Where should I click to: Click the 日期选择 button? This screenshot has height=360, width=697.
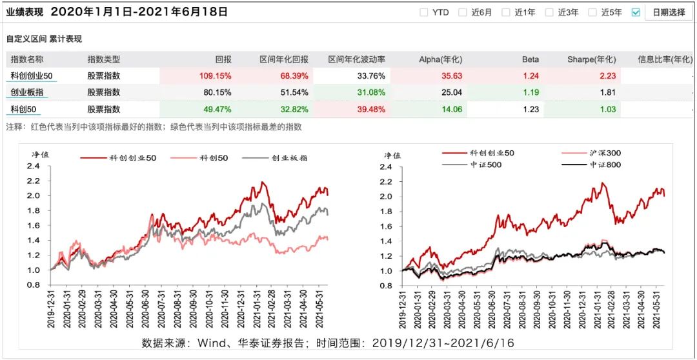(x=669, y=12)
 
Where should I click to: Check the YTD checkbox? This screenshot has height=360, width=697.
(x=423, y=12)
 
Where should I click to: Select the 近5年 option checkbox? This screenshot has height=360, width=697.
(x=592, y=12)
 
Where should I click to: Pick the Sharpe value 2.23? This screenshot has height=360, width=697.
(x=606, y=75)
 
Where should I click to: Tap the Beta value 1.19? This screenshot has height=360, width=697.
(x=530, y=92)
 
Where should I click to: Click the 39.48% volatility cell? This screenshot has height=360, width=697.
(x=370, y=109)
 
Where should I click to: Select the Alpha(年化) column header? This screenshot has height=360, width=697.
(x=441, y=59)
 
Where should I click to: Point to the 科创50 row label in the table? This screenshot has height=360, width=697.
(x=25, y=109)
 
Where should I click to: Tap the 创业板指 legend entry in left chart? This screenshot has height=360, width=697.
(x=290, y=157)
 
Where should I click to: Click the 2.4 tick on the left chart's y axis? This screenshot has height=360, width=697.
(x=33, y=166)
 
